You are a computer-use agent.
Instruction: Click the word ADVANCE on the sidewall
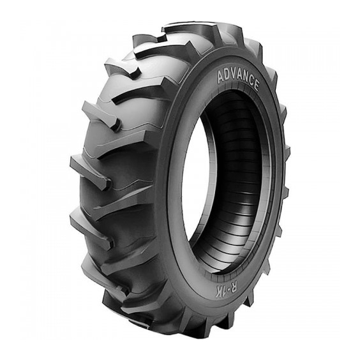(238, 79)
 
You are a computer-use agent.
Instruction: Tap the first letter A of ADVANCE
(221, 77)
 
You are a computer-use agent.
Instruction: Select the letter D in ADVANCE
(227, 75)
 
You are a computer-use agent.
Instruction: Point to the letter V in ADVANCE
(234, 75)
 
